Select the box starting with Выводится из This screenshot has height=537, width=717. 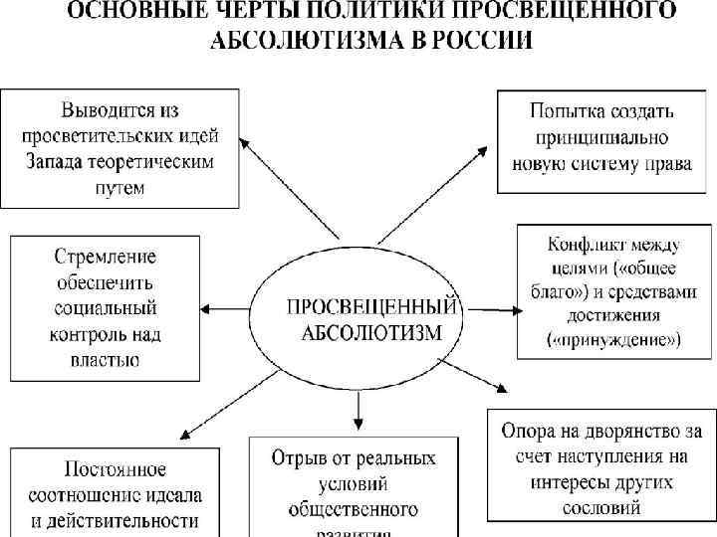[120, 148]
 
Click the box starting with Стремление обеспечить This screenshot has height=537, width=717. [106, 307]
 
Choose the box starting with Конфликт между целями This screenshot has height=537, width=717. [613, 290]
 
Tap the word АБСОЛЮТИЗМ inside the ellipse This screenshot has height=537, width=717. [369, 331]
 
